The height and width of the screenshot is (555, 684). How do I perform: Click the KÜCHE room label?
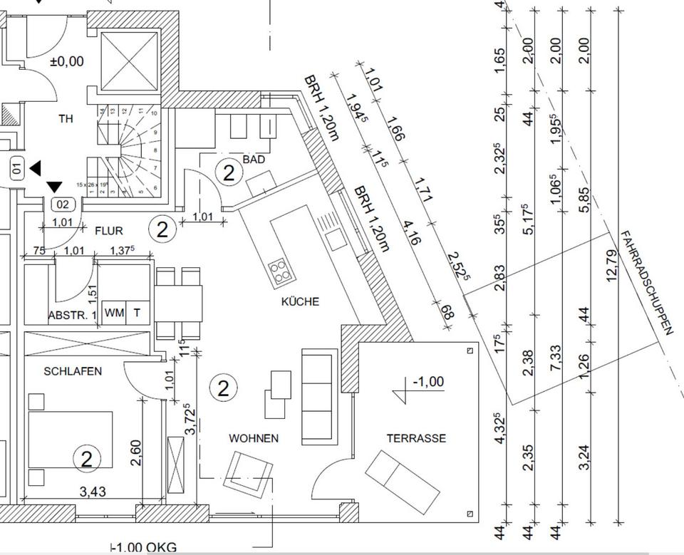pos(300,301)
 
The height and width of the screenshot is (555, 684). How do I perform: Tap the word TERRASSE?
pos(416,438)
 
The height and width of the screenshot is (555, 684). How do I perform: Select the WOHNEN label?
pos(254,438)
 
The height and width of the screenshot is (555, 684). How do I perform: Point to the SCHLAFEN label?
pos(73,371)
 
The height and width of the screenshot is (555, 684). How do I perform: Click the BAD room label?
pos(254,160)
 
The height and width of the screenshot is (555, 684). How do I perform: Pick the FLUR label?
pos(108,231)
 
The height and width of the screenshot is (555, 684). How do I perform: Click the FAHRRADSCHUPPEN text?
pos(646,282)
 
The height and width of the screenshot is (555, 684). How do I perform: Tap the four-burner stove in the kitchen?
pos(280,270)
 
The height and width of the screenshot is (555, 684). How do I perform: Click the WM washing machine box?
pos(113,312)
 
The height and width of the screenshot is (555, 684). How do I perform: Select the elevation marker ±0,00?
pos(66,62)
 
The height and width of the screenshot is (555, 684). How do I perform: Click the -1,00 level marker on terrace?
pos(427,382)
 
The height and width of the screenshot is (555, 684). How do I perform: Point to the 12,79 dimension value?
pos(611,265)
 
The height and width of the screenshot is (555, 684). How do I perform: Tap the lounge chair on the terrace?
pos(403,481)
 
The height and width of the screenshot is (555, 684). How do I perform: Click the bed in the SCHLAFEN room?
pos(70,438)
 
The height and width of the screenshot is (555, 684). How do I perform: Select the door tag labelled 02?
pos(63,204)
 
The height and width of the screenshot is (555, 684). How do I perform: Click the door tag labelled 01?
pos(18,170)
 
